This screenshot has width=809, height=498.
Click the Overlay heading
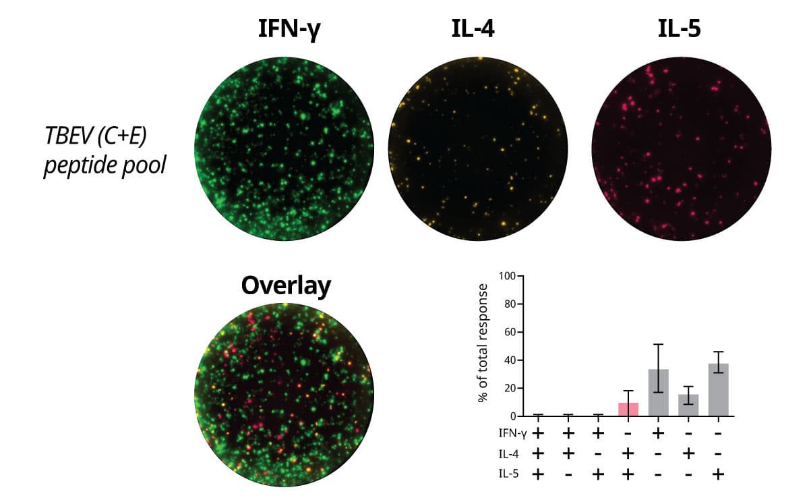pos(286,286)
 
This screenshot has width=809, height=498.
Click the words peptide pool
pos(104,164)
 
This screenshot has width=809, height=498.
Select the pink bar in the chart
pos(628,410)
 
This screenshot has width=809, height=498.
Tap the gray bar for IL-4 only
pos(688,406)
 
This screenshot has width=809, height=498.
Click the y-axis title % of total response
pos(483,343)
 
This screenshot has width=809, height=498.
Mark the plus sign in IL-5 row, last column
pos(719,474)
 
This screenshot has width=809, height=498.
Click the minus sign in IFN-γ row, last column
pos(719,433)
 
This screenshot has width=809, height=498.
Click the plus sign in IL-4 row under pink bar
pos(628,453)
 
